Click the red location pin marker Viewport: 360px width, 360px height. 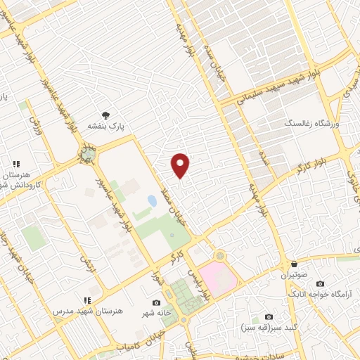click(x=181, y=165)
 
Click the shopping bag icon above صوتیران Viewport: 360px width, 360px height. click(x=294, y=265)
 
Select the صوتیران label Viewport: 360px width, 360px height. click(x=294, y=276)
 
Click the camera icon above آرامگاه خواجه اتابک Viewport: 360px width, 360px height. click(x=321, y=283)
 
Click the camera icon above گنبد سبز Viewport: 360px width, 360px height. click(x=268, y=317)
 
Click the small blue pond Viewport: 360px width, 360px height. click(x=152, y=201)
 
